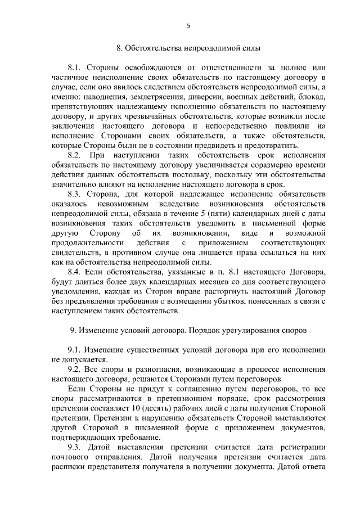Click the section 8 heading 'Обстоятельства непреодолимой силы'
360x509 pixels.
pyautogui.click(x=188, y=48)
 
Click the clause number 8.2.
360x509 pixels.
pyautogui.click(x=75, y=154)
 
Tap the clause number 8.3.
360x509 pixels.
pyautogui.click(x=75, y=195)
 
